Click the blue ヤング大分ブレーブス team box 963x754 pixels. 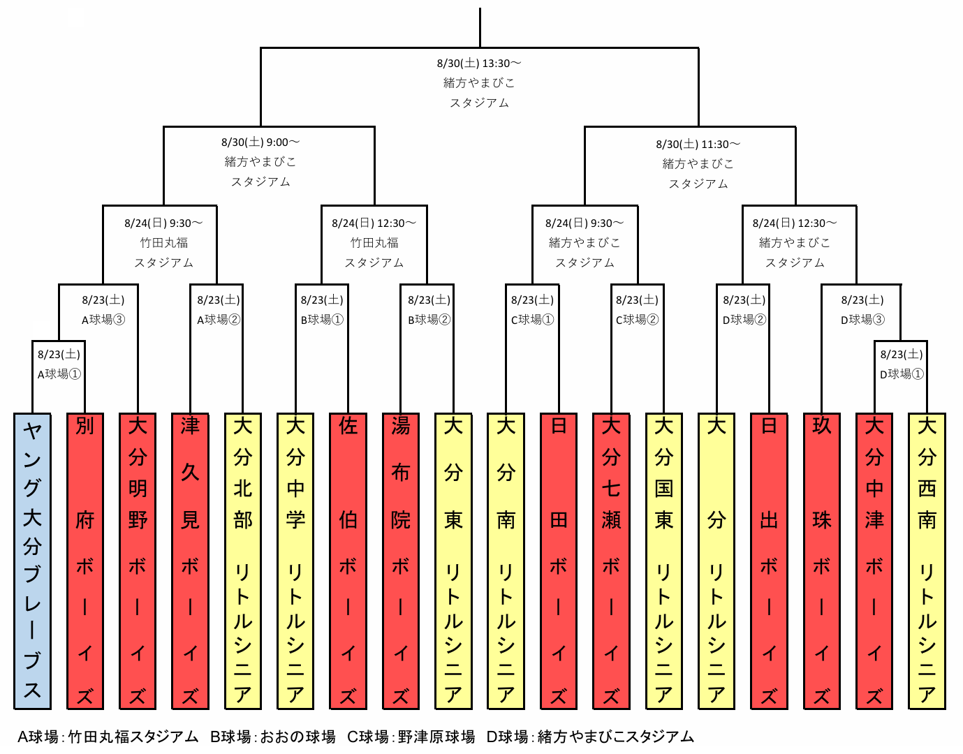[x=32, y=561]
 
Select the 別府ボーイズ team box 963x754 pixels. [x=85, y=561]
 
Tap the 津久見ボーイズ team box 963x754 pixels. [x=190, y=561]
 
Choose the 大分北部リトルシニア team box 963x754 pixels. [x=243, y=561]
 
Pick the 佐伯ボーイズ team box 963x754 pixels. [x=348, y=561]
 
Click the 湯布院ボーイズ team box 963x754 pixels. [x=401, y=561]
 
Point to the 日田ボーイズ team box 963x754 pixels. [x=559, y=561]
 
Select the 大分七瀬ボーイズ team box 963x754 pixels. [x=611, y=561]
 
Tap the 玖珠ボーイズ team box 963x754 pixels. [x=822, y=561]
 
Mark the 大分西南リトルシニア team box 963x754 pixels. [x=927, y=561]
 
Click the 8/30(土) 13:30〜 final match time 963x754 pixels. [x=479, y=64]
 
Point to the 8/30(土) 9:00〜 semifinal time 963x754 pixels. [x=260, y=142]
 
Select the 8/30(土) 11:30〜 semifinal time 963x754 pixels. [x=698, y=145]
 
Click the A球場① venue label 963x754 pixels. [x=59, y=374]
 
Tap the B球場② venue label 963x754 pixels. [x=429, y=320]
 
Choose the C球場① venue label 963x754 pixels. [x=532, y=320]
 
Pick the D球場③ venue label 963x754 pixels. [x=862, y=320]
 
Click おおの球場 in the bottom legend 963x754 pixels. [x=297, y=737]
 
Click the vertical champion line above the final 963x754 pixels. [x=480, y=27]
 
